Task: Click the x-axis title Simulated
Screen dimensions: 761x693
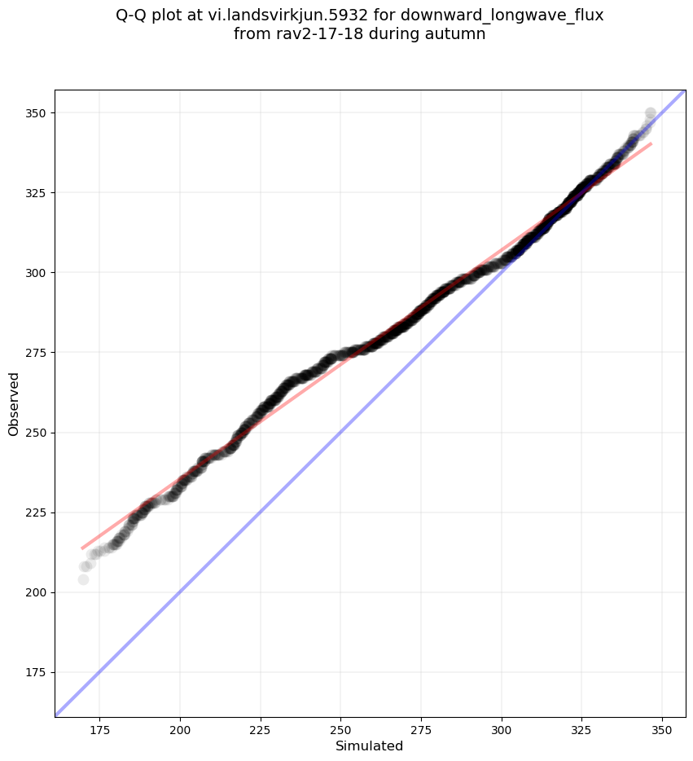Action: click(x=370, y=746)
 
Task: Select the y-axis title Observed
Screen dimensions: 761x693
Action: click(x=14, y=404)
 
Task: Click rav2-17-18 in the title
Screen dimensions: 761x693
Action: click(x=310, y=34)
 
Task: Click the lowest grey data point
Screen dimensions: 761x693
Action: click(x=83, y=579)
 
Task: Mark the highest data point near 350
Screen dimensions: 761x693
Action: click(x=650, y=113)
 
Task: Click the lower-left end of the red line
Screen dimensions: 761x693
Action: click(x=82, y=548)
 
